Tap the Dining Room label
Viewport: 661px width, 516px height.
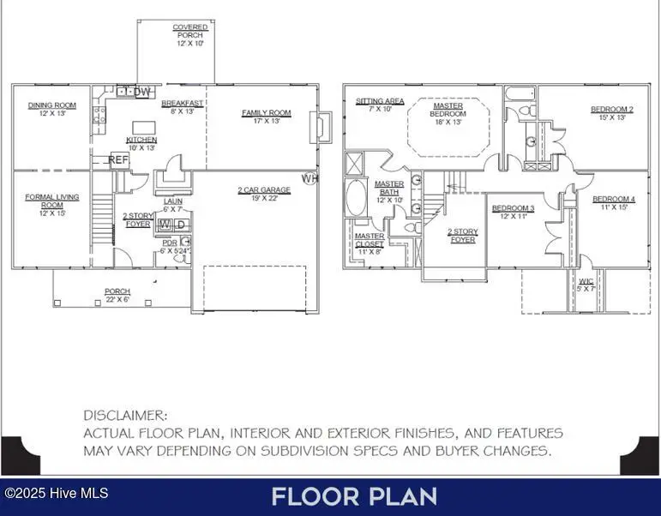tap(51, 109)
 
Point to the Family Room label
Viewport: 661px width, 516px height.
tap(266, 117)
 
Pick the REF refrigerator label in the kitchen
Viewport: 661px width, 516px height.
tap(119, 159)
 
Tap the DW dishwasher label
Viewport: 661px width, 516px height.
tap(142, 92)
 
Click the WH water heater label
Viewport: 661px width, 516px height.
tap(309, 178)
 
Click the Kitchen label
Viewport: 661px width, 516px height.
tap(141, 143)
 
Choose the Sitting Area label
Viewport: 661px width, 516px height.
tap(380, 105)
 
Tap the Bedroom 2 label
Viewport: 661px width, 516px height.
tap(611, 113)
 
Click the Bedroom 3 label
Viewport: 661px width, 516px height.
tap(513, 212)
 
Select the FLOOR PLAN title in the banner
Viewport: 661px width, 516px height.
tap(354, 495)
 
